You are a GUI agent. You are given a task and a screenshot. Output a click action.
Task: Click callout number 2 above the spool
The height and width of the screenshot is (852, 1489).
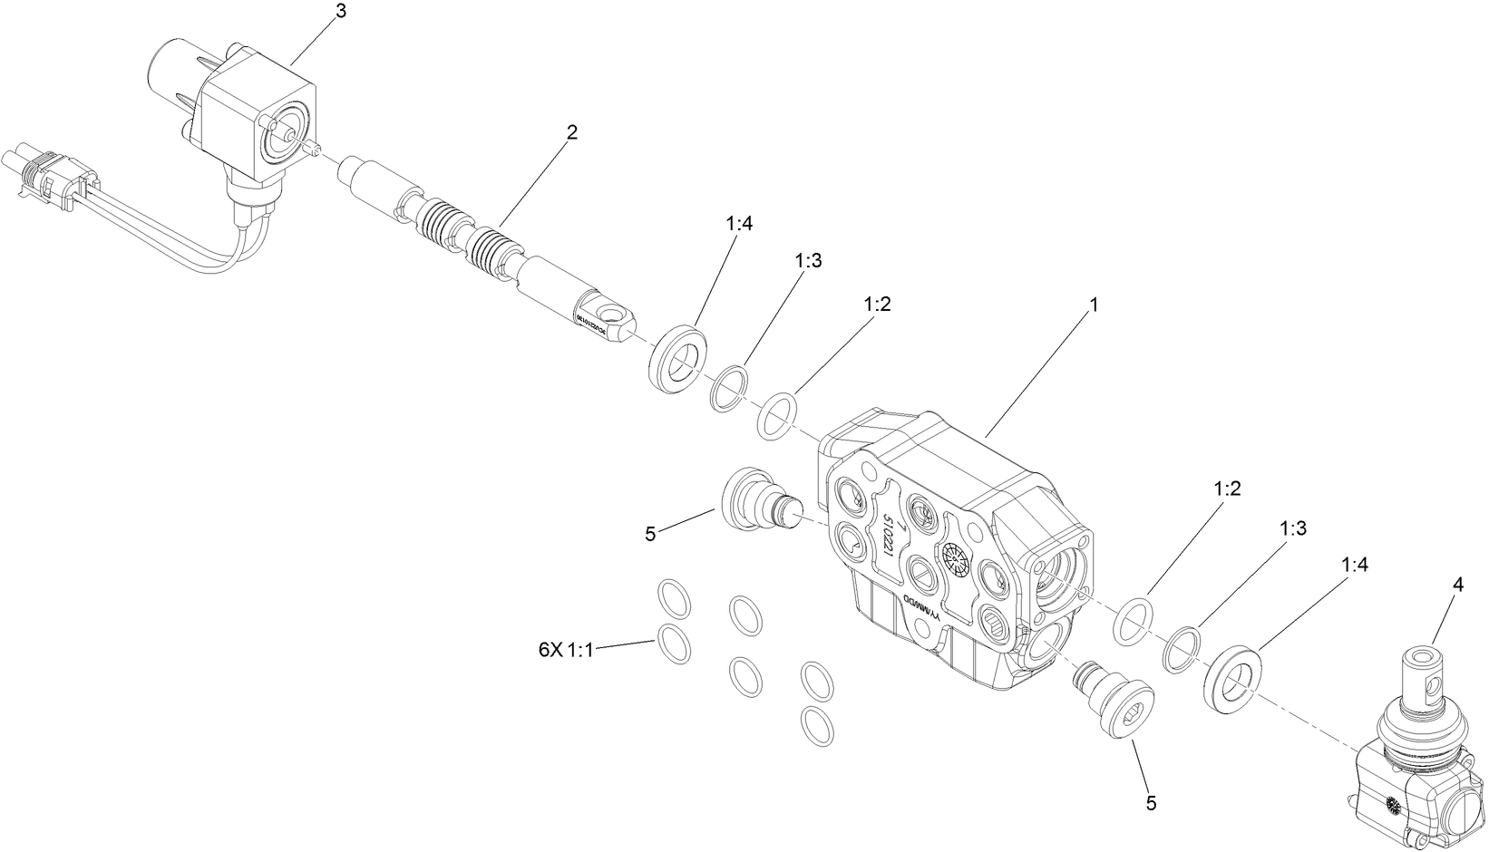click(571, 132)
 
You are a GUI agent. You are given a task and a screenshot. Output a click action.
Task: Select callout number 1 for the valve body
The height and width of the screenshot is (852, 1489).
click(1094, 305)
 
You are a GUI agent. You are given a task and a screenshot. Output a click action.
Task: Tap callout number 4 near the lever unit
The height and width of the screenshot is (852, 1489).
click(1458, 586)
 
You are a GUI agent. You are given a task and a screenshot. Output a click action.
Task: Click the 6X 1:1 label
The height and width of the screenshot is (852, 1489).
click(565, 649)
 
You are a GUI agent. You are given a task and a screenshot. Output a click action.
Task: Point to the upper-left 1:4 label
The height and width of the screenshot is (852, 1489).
click(739, 224)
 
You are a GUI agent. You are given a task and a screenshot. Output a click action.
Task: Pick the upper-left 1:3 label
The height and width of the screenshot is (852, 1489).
click(808, 260)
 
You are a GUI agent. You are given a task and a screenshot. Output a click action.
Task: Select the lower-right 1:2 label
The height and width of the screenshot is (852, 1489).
click(1227, 489)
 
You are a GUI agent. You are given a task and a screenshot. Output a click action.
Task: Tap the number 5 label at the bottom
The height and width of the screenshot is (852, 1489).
click(1152, 803)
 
